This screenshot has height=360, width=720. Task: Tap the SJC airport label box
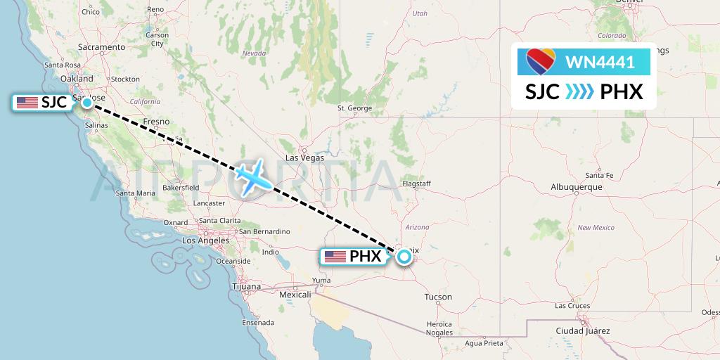point(42,103)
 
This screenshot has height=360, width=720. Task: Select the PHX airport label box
point(354,257)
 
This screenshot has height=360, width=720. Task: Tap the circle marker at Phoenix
point(404,257)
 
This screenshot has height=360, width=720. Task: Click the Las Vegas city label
point(304,158)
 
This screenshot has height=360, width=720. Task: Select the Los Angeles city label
point(205,240)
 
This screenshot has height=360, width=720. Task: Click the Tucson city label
point(438,297)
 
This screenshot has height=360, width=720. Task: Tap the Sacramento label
point(101,47)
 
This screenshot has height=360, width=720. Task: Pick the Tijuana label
point(246,287)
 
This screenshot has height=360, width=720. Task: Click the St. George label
point(354,108)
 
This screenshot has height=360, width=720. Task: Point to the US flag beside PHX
point(335,257)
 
